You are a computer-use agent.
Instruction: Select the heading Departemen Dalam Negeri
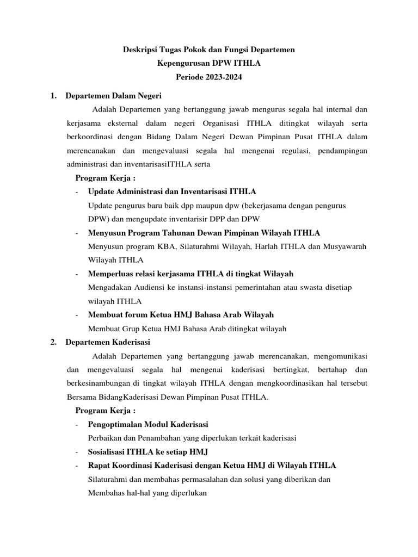[x=113, y=96]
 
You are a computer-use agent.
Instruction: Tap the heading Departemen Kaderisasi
[x=108, y=342]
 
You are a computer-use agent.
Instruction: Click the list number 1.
[x=53, y=96]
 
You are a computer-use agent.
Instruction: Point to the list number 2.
[x=53, y=342]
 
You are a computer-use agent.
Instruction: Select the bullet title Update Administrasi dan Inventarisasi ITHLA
[x=172, y=191]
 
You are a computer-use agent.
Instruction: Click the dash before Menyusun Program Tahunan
[x=77, y=233]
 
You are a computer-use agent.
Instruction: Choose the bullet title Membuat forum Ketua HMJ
[x=181, y=315]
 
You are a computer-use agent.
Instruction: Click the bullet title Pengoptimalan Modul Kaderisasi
[x=148, y=424]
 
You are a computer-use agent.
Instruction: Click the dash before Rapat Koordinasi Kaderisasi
[x=77, y=466]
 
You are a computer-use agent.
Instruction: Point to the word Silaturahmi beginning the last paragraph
[x=109, y=479]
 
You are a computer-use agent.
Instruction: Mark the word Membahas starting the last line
[x=105, y=493]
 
